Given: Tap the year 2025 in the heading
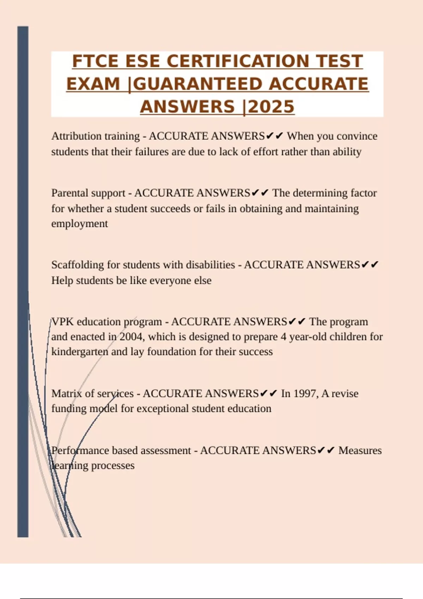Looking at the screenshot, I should click(x=271, y=107).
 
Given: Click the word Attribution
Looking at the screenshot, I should click(x=73, y=136).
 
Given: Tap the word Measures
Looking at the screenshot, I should click(x=360, y=450).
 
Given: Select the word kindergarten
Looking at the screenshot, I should click(x=80, y=352).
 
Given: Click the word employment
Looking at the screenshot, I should click(x=80, y=224).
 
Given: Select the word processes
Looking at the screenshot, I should click(x=113, y=465).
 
